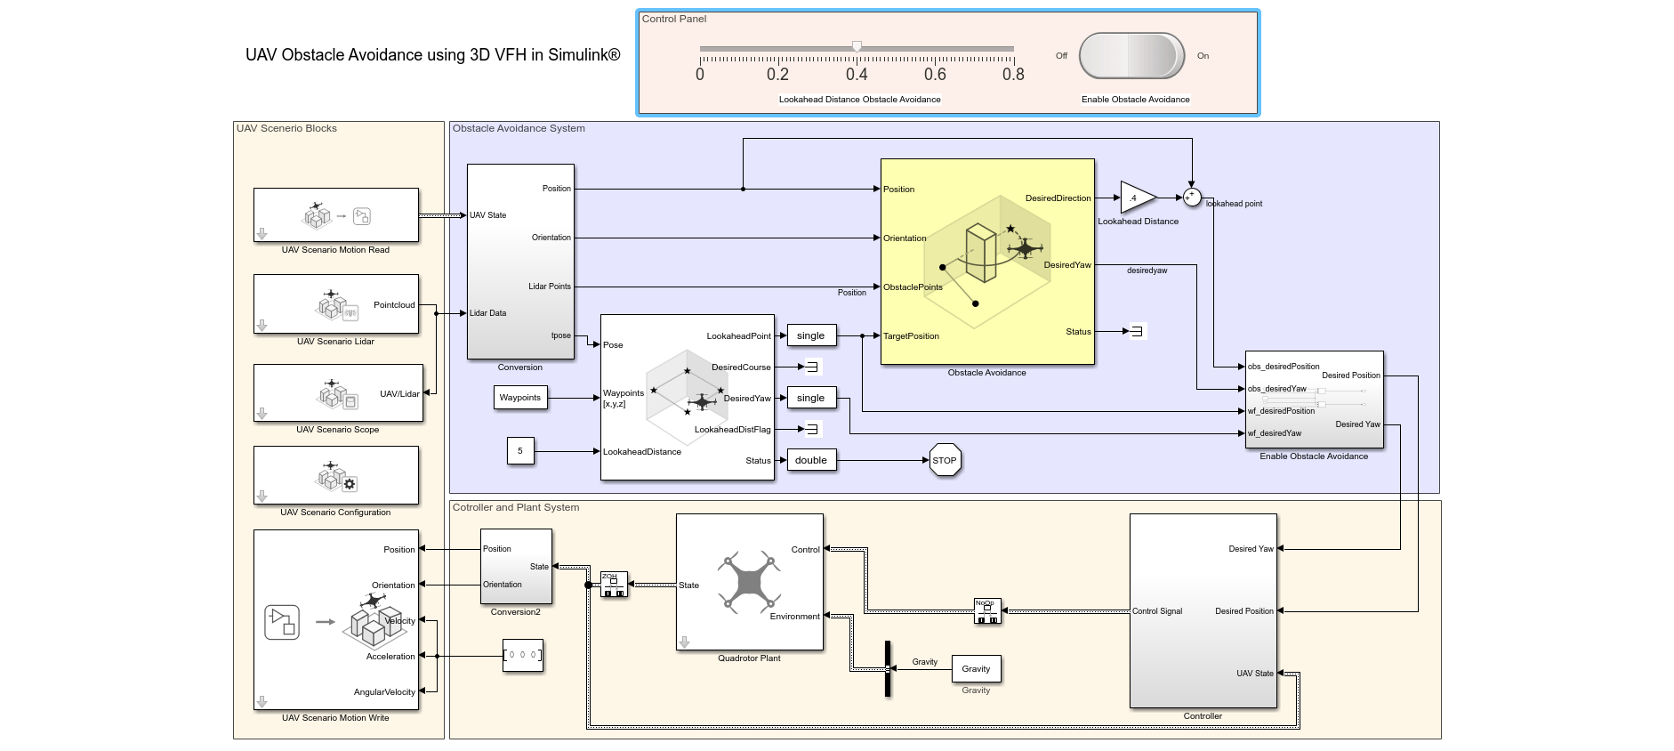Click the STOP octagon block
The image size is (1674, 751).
click(x=944, y=460)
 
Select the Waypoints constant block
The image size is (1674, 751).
click(x=520, y=398)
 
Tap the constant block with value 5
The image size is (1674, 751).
click(x=520, y=451)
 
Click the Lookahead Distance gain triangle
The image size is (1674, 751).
click(x=1135, y=198)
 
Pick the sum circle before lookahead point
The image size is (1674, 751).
click(x=1192, y=198)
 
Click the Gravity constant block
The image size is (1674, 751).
click(x=976, y=669)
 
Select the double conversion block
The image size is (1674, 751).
click(x=811, y=460)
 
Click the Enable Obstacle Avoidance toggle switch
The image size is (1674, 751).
click(x=1131, y=56)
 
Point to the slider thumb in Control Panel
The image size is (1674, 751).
click(x=857, y=46)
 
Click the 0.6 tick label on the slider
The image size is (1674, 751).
click(x=935, y=75)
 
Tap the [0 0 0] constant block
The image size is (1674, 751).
click(x=522, y=656)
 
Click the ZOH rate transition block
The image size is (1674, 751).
click(x=614, y=585)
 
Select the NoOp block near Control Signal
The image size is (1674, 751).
click(x=987, y=611)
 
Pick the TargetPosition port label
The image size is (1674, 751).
click(x=911, y=336)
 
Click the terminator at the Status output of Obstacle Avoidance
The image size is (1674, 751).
click(x=1136, y=331)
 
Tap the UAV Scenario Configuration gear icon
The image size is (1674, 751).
click(x=350, y=484)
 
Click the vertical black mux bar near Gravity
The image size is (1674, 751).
click(x=887, y=669)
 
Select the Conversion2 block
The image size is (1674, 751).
click(x=516, y=567)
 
